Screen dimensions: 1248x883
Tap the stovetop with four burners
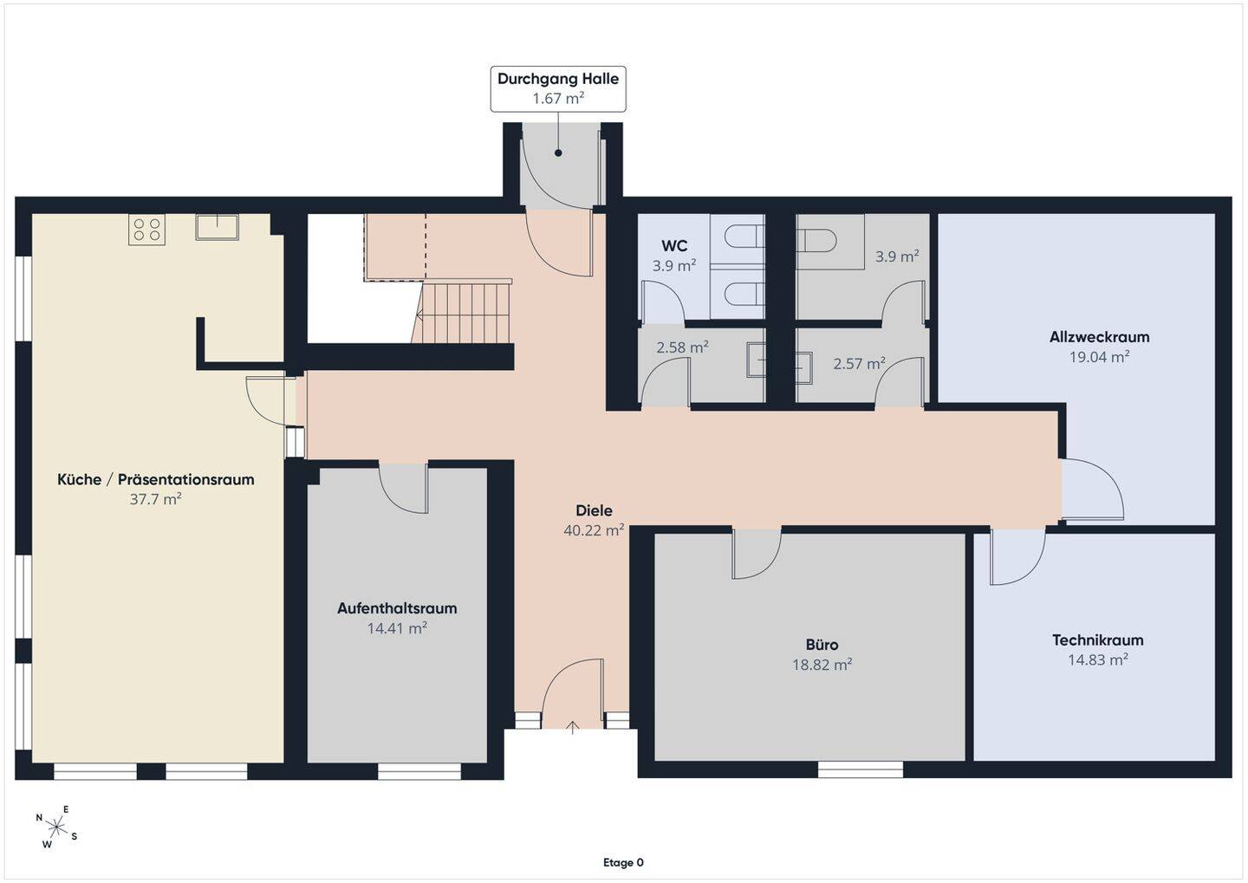click(x=146, y=230)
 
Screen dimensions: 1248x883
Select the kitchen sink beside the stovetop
click(x=218, y=227)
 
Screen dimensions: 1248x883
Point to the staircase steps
click(x=465, y=313)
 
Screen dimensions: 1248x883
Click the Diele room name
click(x=594, y=510)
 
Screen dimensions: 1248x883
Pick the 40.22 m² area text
click(x=594, y=530)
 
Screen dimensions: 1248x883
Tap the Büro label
click(x=822, y=645)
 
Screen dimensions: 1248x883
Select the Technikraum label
click(x=1097, y=640)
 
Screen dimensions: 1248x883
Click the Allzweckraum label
click(x=1099, y=337)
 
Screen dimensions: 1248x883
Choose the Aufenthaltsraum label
click(x=397, y=608)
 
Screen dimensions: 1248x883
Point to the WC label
click(x=674, y=246)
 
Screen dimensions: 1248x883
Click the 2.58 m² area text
click(x=682, y=347)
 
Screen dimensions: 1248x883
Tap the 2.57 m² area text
click(x=859, y=364)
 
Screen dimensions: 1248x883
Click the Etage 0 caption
click(x=623, y=863)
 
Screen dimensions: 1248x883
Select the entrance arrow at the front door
click(x=573, y=727)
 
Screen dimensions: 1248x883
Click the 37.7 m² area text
click(x=155, y=499)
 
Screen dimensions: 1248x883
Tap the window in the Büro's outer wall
click(x=861, y=769)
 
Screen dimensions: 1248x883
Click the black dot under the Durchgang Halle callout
click(x=558, y=153)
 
